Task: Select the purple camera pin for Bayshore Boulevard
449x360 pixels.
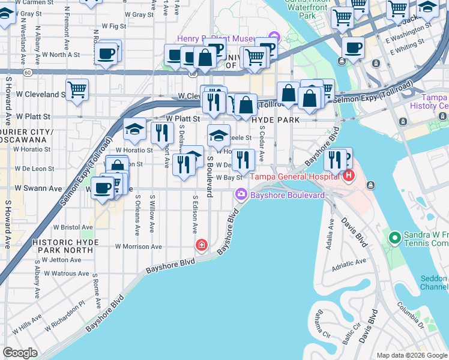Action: pyautogui.click(x=241, y=194)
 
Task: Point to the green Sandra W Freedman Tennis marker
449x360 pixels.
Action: pyautogui.click(x=394, y=238)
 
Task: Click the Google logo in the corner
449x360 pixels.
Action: pyautogui.click(x=20, y=353)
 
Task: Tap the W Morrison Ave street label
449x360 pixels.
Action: pyautogui.click(x=139, y=246)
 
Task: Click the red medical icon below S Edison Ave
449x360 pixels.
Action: pyautogui.click(x=202, y=245)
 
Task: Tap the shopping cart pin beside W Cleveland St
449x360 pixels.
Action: pyautogui.click(x=77, y=90)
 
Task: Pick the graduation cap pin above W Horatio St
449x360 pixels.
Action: pyautogui.click(x=134, y=129)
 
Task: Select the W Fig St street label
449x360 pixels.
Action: pyautogui.click(x=114, y=26)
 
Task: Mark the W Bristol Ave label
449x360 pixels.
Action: pyautogui.click(x=73, y=227)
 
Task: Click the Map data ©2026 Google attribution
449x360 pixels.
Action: pyautogui.click(x=411, y=355)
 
